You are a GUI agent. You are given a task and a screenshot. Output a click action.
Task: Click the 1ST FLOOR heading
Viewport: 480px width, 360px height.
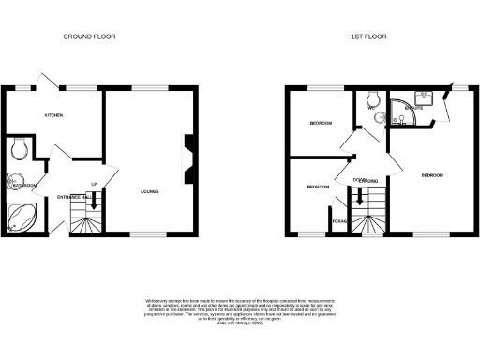click(x=368, y=37)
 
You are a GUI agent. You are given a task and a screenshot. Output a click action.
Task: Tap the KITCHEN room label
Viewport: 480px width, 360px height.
click(x=53, y=114)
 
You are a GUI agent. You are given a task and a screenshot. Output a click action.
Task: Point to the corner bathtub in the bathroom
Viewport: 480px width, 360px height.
click(x=21, y=218)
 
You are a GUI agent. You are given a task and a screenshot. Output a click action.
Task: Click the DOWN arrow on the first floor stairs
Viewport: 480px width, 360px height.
click(x=356, y=197)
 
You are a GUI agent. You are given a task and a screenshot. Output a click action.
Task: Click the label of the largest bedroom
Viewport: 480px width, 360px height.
click(x=432, y=176)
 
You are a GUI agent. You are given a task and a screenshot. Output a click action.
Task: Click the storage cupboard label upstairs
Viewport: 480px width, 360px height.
click(x=338, y=221)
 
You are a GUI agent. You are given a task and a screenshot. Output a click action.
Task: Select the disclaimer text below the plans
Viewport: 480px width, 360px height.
click(x=240, y=310)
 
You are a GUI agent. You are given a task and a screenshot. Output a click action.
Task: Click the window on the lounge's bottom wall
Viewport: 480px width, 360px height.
click(x=142, y=232)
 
